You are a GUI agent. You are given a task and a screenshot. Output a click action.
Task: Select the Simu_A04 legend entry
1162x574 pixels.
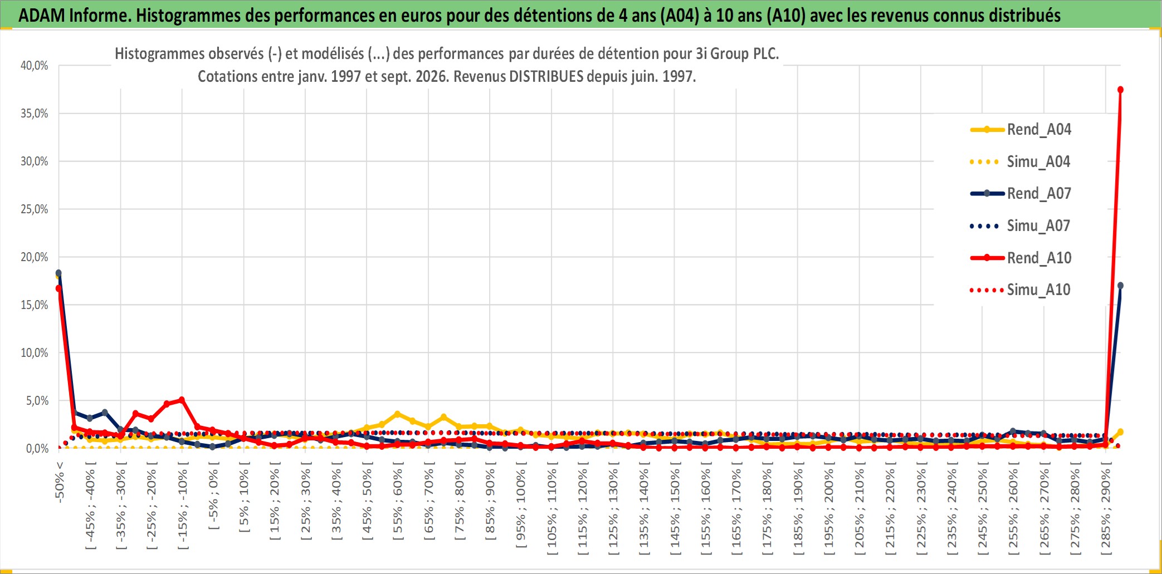1021,162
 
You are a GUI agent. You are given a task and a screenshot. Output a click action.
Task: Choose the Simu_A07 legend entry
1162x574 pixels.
1021,226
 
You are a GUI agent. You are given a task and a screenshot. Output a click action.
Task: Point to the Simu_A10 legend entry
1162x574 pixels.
1021,290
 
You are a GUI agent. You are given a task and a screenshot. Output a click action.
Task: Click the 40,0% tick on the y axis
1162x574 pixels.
35,66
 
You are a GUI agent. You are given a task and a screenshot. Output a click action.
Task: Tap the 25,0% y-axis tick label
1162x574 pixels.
35,209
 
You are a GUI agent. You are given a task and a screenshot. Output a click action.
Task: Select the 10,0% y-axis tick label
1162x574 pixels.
35,353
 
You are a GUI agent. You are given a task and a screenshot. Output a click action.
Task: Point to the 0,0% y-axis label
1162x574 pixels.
37,449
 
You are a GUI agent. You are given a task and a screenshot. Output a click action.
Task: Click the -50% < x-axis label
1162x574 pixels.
60,482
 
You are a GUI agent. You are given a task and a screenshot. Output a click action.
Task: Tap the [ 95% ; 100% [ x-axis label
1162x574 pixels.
521,508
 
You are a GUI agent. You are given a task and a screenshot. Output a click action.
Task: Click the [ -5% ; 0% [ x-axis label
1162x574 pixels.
213,499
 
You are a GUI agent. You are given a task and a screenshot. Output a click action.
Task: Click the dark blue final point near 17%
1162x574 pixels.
1120,286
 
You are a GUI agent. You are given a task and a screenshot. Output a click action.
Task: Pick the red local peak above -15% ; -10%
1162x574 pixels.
182,400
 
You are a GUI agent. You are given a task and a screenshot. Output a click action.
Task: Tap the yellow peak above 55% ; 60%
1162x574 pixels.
397,414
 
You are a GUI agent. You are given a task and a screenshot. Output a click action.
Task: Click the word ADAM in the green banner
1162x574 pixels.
42,15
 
